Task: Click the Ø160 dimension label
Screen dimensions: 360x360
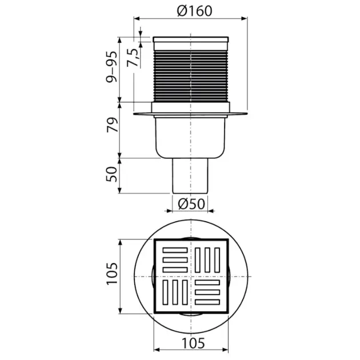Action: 194,11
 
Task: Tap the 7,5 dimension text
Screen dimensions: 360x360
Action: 133,58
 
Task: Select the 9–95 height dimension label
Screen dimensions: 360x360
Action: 111,67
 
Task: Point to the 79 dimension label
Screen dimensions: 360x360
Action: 112,125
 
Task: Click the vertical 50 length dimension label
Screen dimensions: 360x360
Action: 112,174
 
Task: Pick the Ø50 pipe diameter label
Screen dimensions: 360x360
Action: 191,204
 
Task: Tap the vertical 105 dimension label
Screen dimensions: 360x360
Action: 112,274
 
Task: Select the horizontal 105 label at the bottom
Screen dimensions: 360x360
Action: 193,343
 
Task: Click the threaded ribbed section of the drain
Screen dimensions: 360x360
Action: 191,75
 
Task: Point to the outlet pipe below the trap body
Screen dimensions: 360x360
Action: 190,175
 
